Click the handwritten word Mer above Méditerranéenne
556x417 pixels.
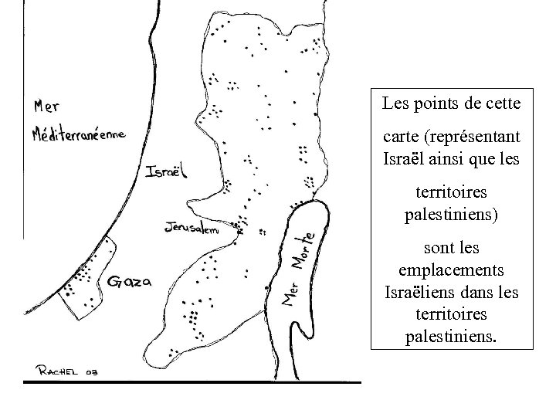click(49, 106)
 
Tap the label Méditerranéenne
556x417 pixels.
click(80, 135)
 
